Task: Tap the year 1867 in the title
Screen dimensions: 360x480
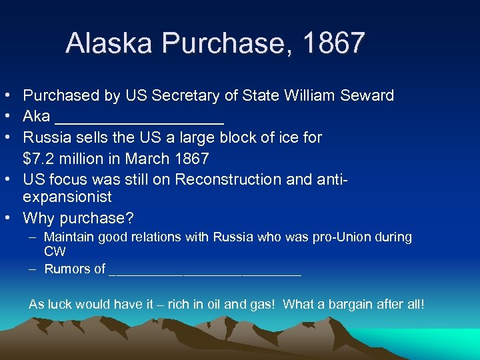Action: point(333,43)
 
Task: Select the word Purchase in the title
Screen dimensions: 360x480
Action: point(227,43)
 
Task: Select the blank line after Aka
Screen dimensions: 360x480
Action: point(139,120)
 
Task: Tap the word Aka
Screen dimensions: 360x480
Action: point(36,117)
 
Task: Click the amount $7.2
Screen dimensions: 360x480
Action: point(39,159)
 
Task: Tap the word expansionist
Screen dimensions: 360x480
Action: point(67,198)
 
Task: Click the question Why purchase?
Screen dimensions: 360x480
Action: point(69,219)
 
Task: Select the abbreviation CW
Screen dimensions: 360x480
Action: point(54,251)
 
